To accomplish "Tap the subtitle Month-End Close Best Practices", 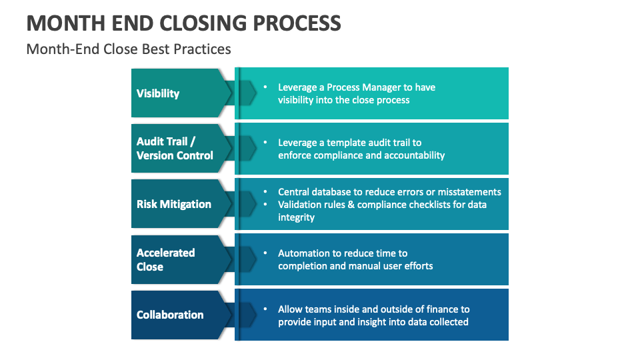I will click(x=129, y=49).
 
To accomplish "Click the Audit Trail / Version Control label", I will click(x=175, y=149).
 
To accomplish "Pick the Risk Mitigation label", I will click(x=173, y=204).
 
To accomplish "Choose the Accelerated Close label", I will click(x=165, y=259).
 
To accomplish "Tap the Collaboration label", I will click(x=170, y=315).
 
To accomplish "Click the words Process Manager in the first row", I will click(x=364, y=87).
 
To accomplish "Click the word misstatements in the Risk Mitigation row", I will click(x=467, y=192).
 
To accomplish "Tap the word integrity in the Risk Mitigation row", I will click(x=296, y=217).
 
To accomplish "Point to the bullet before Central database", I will click(x=265, y=192).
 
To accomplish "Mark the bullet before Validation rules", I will click(x=265, y=205).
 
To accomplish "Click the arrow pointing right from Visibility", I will click(x=247, y=93).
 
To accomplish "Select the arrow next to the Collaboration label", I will click(x=247, y=315).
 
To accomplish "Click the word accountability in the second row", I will click(x=413, y=155).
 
